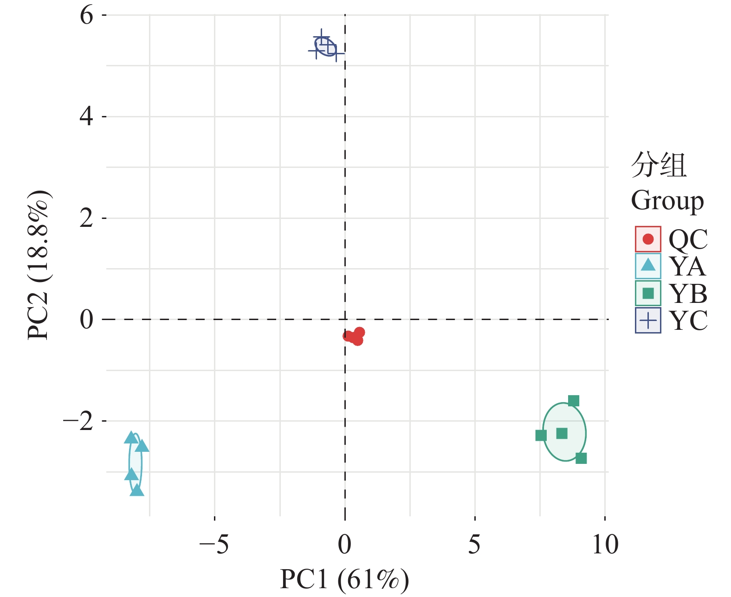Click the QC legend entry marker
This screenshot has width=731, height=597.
tap(647, 239)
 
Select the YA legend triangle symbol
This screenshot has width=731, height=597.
tap(647, 266)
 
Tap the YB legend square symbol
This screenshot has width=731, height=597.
tap(647, 293)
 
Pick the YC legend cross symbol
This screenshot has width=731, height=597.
tap(647, 320)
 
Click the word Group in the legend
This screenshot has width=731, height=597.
tap(667, 201)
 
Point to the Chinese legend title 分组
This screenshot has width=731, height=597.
tap(659, 165)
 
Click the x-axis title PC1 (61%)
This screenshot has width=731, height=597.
tap(344, 579)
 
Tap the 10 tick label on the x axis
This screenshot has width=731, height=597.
tap(605, 545)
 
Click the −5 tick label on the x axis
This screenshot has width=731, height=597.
tap(214, 545)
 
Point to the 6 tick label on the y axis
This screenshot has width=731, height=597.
tap(86, 16)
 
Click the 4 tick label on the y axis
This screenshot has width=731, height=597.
tap(86, 117)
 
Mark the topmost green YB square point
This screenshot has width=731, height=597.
tap(573, 401)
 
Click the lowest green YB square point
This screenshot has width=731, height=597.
tap(581, 458)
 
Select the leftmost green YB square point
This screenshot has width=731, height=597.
tap(541, 436)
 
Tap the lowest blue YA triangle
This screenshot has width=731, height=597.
tap(137, 490)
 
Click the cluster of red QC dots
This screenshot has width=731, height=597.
tap(354, 336)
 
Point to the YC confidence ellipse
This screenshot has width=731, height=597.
tap(325, 47)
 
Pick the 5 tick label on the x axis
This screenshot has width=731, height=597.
tap(474, 545)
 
